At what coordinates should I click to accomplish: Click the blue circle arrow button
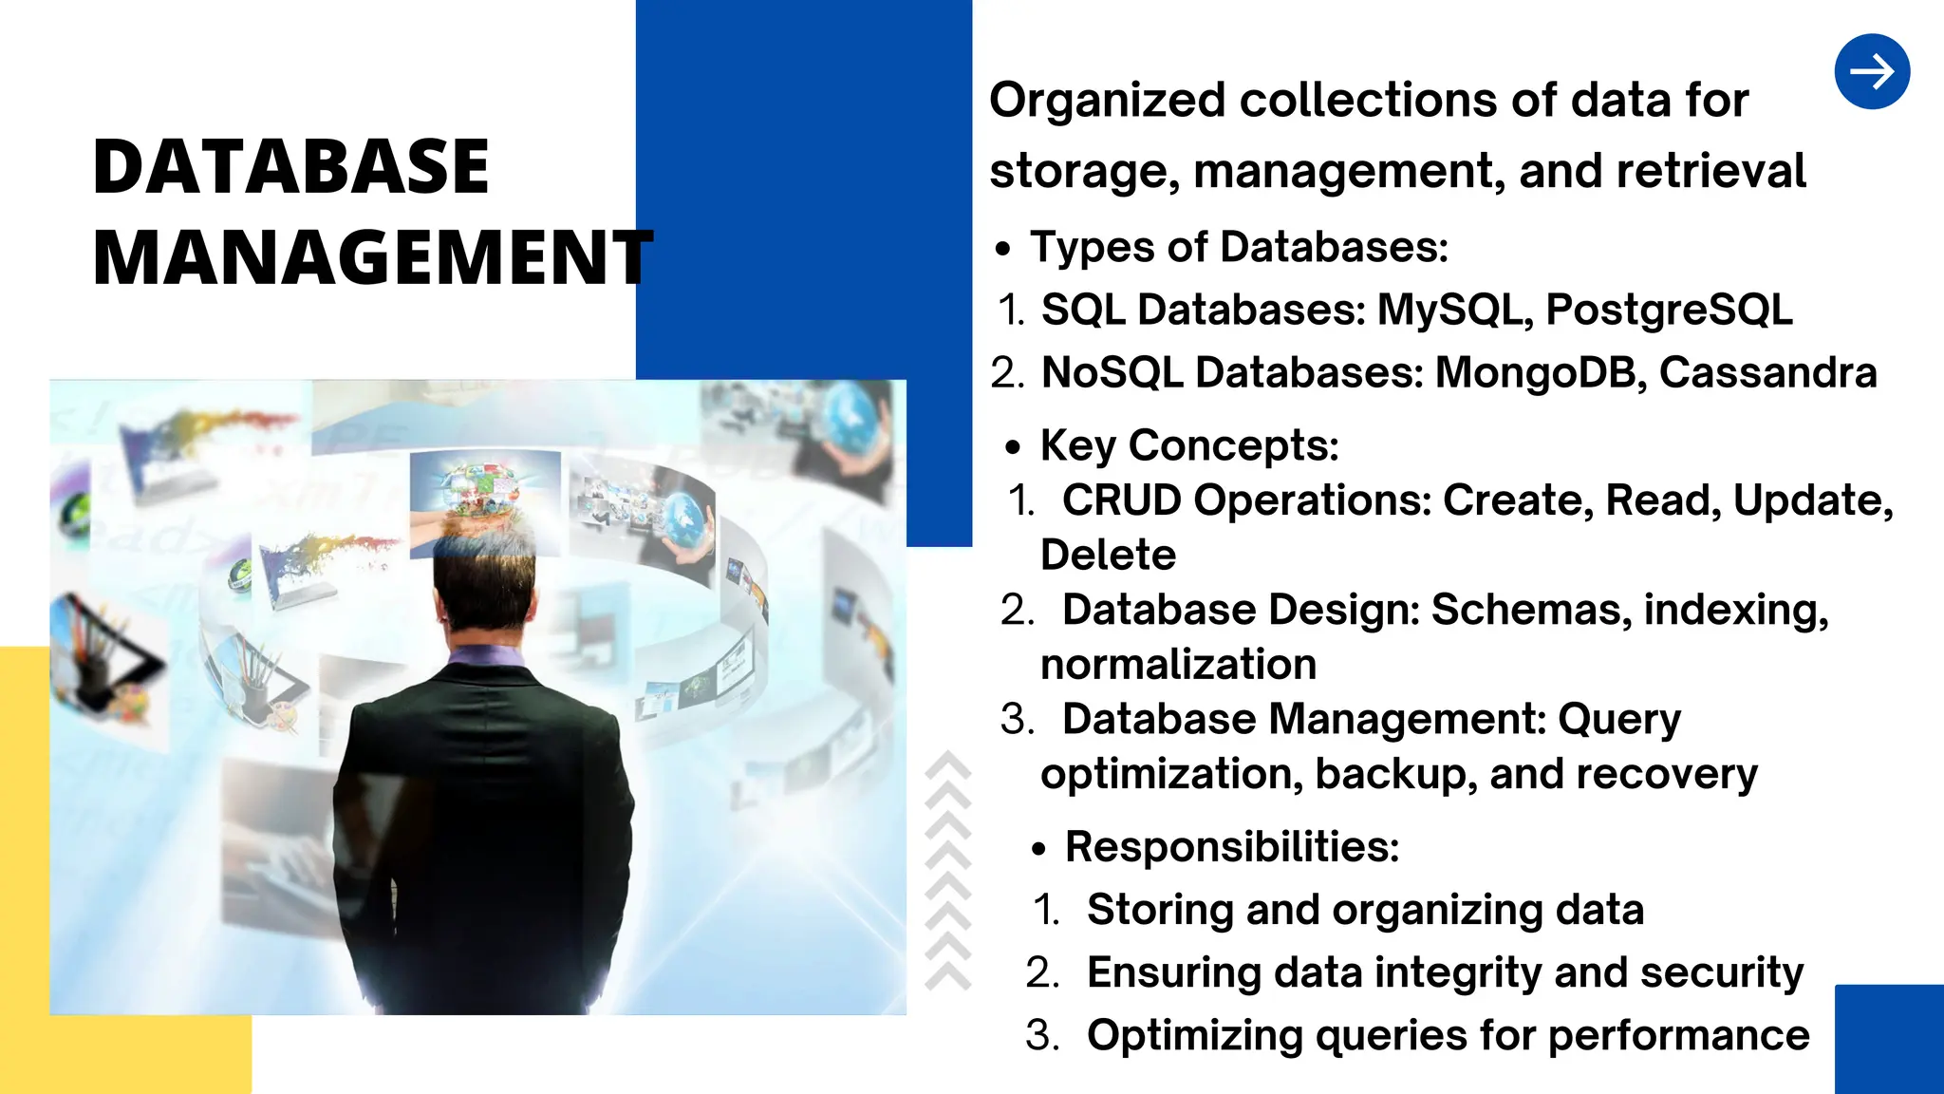pyautogui.click(x=1872, y=72)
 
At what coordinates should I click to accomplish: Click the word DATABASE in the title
pyautogui.click(x=290, y=167)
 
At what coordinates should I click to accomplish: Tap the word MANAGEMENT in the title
pyautogui.click(x=372, y=258)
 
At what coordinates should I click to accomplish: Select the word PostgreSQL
pyautogui.click(x=1669, y=311)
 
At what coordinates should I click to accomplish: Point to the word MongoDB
pyautogui.click(x=1541, y=373)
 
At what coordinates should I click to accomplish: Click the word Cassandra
pyautogui.click(x=1767, y=373)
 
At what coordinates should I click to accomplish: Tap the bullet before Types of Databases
pyautogui.click(x=1002, y=251)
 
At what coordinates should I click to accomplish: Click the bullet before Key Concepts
pyautogui.click(x=1014, y=448)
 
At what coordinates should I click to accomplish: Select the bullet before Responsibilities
pyautogui.click(x=1039, y=850)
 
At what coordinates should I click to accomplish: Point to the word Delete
pyautogui.click(x=1108, y=556)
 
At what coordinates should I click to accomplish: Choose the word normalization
pyautogui.click(x=1178, y=665)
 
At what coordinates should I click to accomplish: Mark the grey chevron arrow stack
pyautogui.click(x=947, y=872)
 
